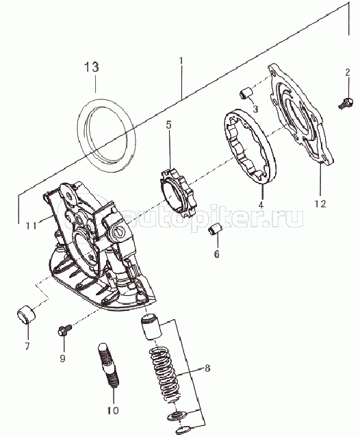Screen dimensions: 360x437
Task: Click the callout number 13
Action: pyautogui.click(x=92, y=67)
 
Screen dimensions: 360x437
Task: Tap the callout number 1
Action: pyautogui.click(x=181, y=62)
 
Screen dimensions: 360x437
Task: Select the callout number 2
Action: pyautogui.click(x=348, y=73)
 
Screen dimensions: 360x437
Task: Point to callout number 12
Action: pyautogui.click(x=320, y=203)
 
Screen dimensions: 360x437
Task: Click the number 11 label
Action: pyautogui.click(x=31, y=225)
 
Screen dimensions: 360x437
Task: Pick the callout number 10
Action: pyautogui.click(x=113, y=410)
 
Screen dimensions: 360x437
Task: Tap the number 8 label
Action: pyautogui.click(x=207, y=368)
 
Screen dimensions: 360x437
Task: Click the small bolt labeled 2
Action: pyautogui.click(x=346, y=103)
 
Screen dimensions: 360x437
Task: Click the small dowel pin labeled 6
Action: pyautogui.click(x=215, y=229)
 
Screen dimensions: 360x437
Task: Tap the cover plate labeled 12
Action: pyautogui.click(x=301, y=114)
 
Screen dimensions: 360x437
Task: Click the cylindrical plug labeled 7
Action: pyautogui.click(x=27, y=314)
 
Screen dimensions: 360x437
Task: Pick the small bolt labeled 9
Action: pyautogui.click(x=64, y=330)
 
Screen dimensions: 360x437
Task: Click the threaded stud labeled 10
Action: pyautogui.click(x=108, y=366)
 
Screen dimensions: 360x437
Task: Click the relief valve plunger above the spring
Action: pyautogui.click(x=151, y=326)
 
